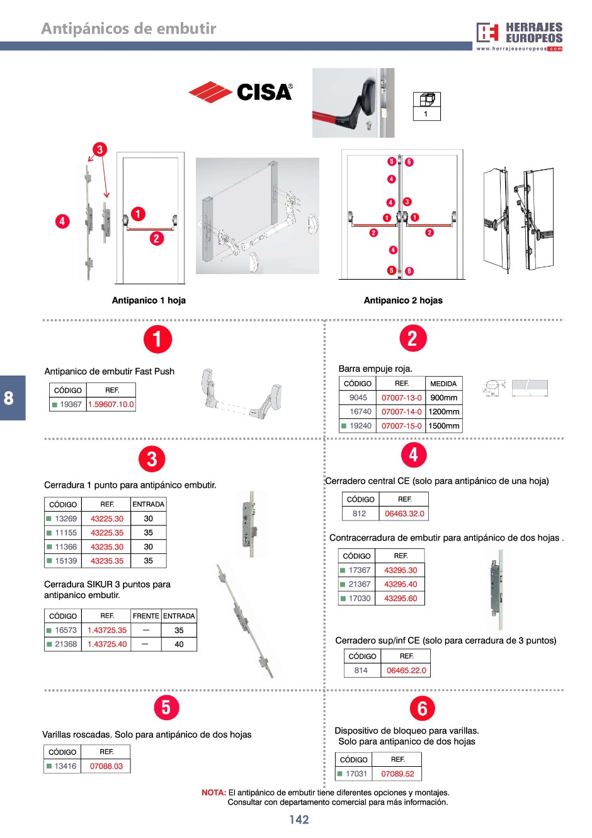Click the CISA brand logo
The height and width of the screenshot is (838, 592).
click(240, 91)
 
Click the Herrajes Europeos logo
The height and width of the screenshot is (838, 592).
click(519, 37)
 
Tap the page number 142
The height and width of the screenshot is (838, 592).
click(299, 820)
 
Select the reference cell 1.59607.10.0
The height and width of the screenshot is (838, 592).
click(111, 405)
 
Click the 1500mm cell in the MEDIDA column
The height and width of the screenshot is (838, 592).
click(443, 426)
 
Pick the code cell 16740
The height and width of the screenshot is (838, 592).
click(358, 411)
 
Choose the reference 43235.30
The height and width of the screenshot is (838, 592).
click(106, 546)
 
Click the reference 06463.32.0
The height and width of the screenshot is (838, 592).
click(404, 514)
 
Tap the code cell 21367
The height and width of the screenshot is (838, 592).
click(356, 584)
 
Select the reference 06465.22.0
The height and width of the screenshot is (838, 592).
click(406, 670)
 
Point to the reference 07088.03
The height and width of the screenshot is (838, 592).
click(106, 766)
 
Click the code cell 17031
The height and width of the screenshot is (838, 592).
click(353, 774)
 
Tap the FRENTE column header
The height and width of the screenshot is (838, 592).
click(146, 616)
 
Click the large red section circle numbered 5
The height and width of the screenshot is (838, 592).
click(166, 708)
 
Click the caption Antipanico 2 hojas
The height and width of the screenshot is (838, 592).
click(403, 301)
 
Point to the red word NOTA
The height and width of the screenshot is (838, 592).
click(213, 793)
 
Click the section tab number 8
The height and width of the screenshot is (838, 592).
click(9, 398)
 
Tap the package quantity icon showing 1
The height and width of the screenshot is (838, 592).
click(427, 106)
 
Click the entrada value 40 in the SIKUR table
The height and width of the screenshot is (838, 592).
click(179, 644)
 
